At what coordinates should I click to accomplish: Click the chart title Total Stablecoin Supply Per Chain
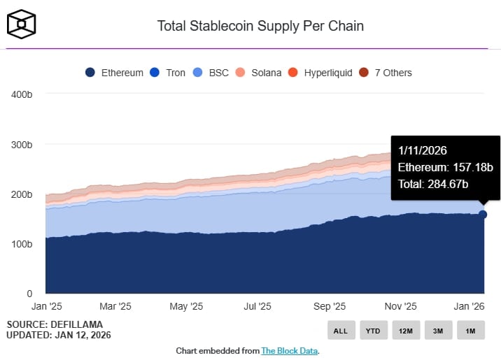click(x=260, y=27)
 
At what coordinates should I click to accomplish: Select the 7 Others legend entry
click(x=386, y=73)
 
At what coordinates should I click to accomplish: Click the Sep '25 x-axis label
click(x=330, y=306)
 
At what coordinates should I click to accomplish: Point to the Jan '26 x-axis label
click(x=470, y=306)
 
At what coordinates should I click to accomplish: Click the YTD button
click(x=373, y=331)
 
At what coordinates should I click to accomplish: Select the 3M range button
click(x=437, y=331)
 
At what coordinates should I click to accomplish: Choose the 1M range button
click(x=470, y=331)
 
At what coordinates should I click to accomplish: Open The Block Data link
click(x=289, y=351)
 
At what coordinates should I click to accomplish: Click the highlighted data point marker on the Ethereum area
click(x=483, y=214)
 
